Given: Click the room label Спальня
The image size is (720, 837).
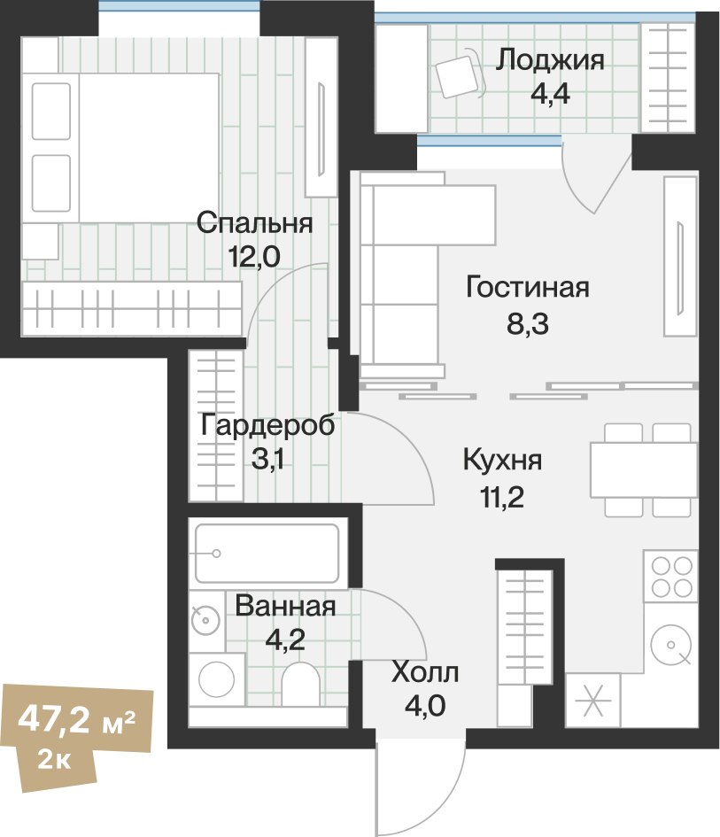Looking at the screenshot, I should point(254,222).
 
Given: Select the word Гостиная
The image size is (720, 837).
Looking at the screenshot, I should point(527,288).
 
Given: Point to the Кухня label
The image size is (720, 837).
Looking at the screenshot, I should point(502,461).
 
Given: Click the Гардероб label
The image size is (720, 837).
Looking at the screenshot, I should point(267,425).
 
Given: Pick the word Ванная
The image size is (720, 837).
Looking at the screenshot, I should point(285,607).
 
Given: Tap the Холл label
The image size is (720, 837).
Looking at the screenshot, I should point(425,673).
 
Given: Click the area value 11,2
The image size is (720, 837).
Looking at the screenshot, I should point(502,497).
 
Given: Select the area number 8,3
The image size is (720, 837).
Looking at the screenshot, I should point(528,324).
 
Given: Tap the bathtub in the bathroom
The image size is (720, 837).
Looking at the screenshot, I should point(267,554).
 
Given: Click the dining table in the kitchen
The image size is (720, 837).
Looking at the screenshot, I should point(640,469).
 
